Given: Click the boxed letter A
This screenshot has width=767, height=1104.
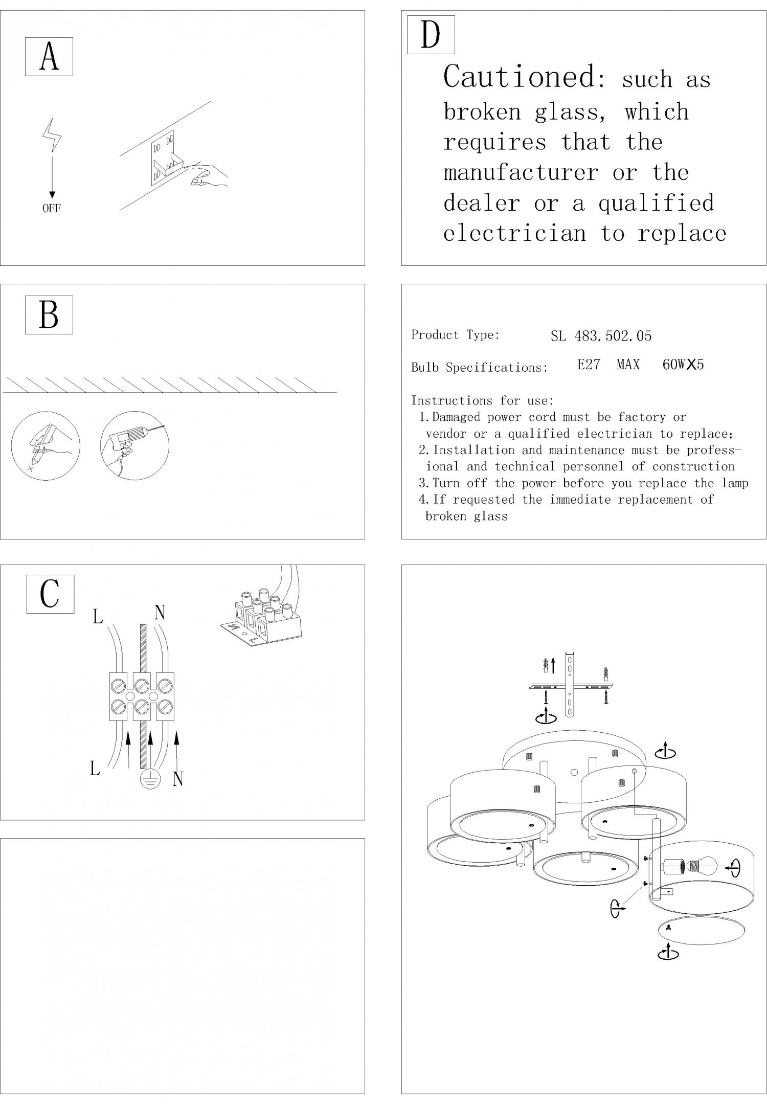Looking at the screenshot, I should [x=49, y=56].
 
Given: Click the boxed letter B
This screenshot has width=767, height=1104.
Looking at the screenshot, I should [x=49, y=315].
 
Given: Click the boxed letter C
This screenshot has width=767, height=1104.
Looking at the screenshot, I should [x=50, y=594].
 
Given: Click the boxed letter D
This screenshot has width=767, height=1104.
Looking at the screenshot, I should [x=431, y=35].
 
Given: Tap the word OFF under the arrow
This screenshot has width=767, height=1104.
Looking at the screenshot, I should [x=51, y=208].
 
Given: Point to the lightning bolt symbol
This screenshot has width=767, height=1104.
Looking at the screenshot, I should [x=52, y=136].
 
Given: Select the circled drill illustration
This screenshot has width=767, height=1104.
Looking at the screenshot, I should [x=134, y=445].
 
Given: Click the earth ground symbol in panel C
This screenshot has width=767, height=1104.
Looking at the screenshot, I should [x=151, y=779].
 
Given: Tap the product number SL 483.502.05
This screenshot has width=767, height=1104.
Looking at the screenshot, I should [x=601, y=336].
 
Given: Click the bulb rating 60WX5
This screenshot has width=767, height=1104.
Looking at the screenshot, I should [x=683, y=365].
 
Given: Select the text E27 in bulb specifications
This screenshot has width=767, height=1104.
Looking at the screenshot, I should [x=589, y=365].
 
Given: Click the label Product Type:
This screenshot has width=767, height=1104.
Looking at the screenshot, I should [x=455, y=335].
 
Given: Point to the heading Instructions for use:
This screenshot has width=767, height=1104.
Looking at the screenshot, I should [x=482, y=400].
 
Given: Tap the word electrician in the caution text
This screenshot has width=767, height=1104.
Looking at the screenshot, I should [x=514, y=234].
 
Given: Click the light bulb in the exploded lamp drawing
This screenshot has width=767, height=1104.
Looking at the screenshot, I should [x=707, y=866].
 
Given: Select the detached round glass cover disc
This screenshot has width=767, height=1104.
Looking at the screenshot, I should [x=701, y=932].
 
